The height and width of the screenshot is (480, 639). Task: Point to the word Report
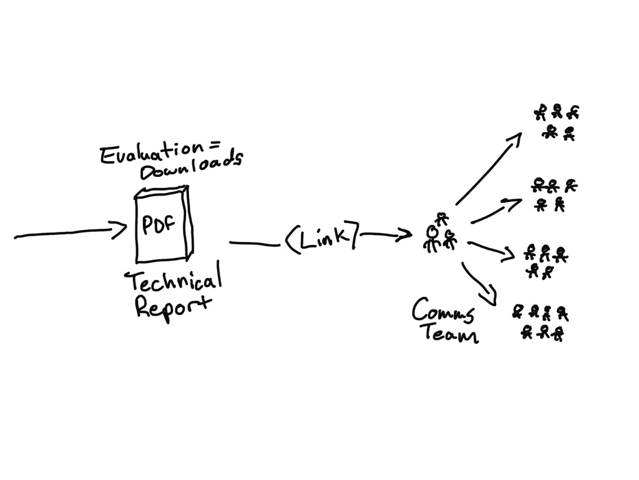coord(173,307)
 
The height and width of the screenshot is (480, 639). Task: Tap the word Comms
coord(443,310)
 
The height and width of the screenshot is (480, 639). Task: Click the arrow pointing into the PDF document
coord(69,234)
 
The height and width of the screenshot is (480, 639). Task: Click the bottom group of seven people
coord(541,322)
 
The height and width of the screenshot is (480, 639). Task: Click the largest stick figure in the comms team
coord(431,238)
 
